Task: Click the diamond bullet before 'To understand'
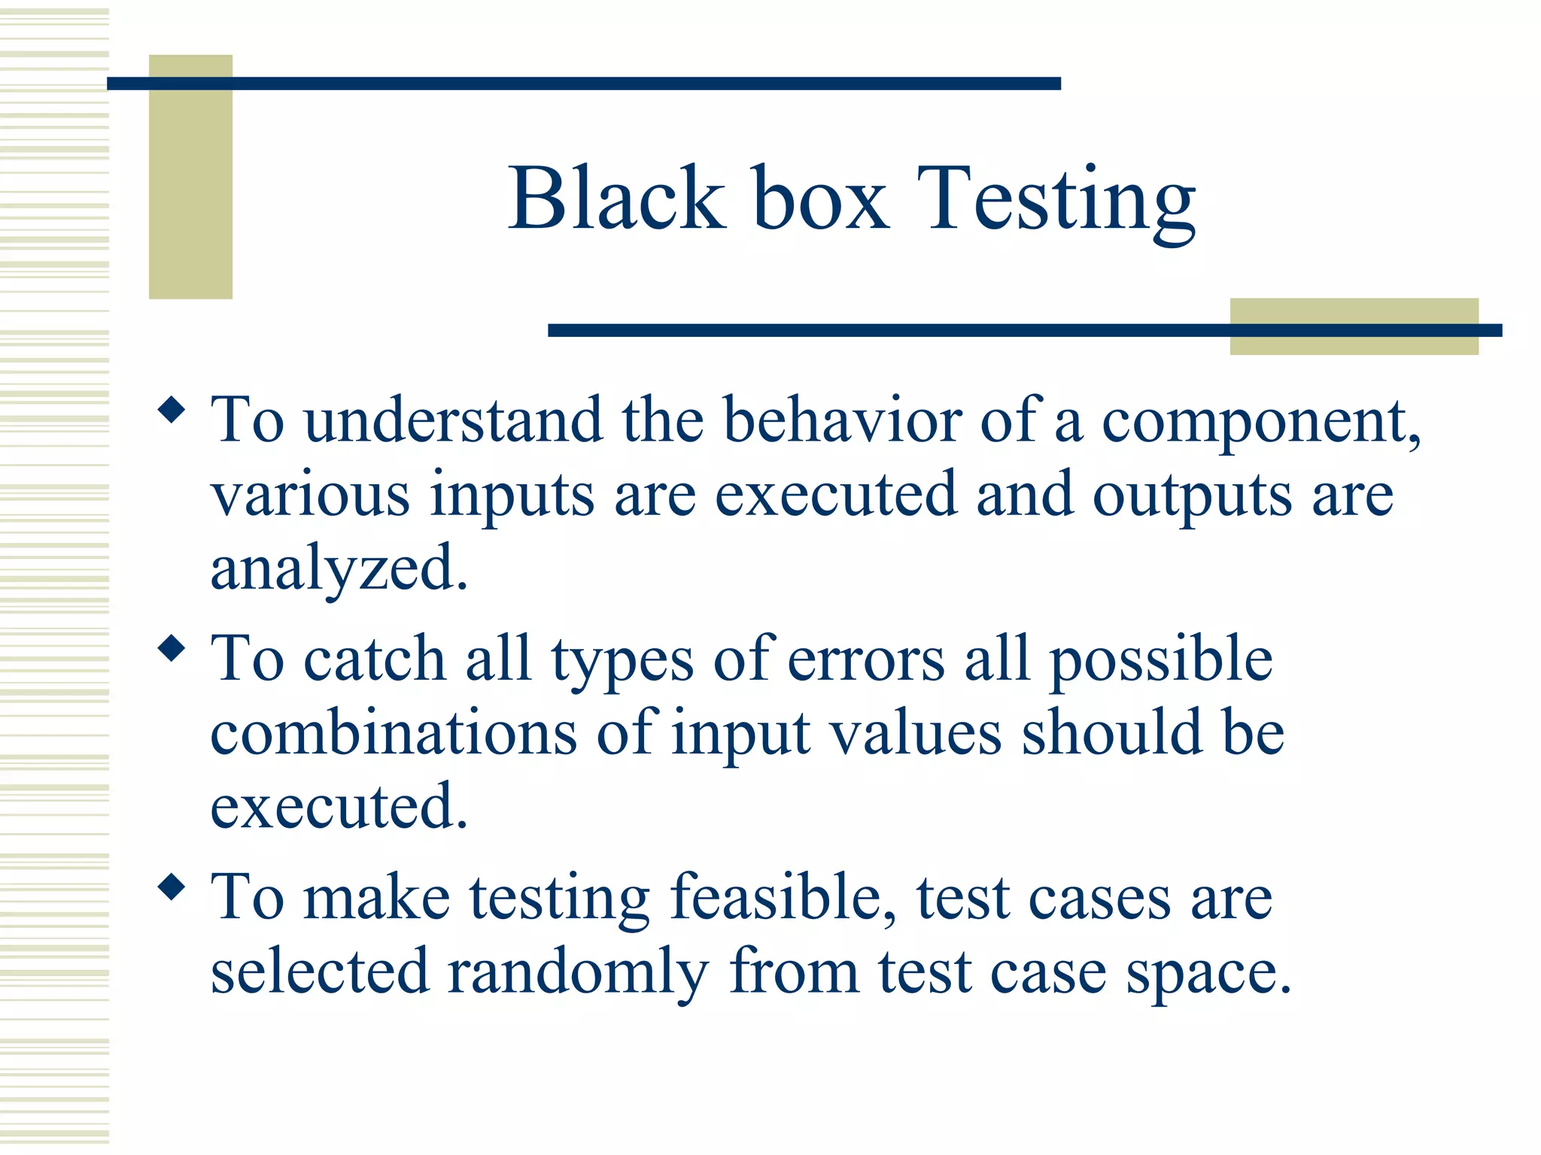[172, 411]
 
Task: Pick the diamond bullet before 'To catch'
[172, 649]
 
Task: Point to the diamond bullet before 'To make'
[172, 887]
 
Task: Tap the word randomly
[578, 972]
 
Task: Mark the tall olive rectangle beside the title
[190, 177]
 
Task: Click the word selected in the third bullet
[319, 971]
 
